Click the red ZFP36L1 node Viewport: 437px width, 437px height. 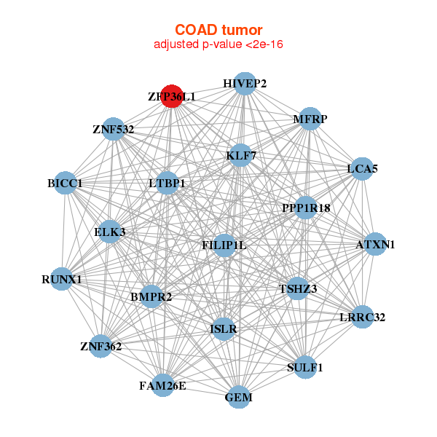click(172, 96)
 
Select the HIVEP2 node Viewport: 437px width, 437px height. click(245, 84)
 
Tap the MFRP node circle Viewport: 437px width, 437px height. click(310, 119)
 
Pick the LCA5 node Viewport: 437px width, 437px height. click(362, 169)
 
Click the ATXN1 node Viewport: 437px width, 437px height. click(375, 244)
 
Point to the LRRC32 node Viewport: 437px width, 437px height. click(362, 317)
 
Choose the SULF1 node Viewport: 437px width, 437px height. click(305, 367)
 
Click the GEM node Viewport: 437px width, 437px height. click(239, 397)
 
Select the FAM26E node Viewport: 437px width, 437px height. click(162, 385)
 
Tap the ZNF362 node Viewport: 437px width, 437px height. click(101, 346)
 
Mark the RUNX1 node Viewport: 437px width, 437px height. click(61, 279)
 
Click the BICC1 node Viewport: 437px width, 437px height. click(65, 183)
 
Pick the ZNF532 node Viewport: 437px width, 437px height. click(113, 129)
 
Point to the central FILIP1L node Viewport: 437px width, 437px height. click(224, 245)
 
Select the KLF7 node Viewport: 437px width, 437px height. click(240, 155)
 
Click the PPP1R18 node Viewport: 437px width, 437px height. click(306, 208)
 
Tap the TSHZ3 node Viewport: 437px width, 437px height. click(298, 288)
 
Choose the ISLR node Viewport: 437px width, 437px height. click(224, 329)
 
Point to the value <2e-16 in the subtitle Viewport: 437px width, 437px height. click(264, 44)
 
